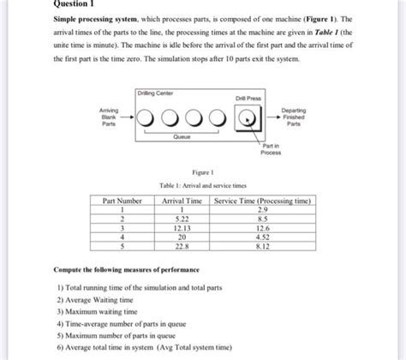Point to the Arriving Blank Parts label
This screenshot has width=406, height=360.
click(x=109, y=117)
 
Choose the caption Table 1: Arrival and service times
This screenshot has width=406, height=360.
click(x=202, y=186)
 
